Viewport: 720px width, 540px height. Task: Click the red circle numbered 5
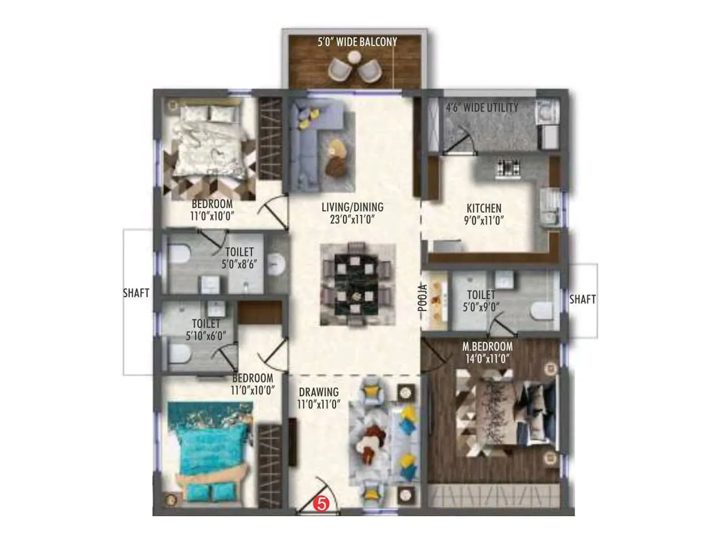click(x=321, y=504)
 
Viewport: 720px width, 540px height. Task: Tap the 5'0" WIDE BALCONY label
click(x=357, y=42)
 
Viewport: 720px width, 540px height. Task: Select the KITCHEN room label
click(x=484, y=208)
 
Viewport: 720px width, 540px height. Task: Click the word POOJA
click(x=423, y=297)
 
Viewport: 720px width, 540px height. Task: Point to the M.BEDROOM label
click(x=487, y=346)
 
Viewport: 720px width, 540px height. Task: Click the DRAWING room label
click(x=319, y=392)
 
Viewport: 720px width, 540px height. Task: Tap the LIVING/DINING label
click(x=352, y=207)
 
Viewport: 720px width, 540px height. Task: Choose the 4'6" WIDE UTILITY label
click(x=482, y=108)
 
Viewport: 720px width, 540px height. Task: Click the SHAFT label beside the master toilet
click(x=582, y=299)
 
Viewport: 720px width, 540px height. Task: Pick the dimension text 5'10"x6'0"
click(x=206, y=336)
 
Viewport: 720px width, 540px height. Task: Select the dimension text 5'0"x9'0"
click(x=481, y=307)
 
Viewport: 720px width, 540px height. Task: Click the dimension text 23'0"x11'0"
click(x=352, y=220)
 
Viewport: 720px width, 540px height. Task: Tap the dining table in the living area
click(x=356, y=284)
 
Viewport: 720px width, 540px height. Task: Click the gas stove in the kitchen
click(x=508, y=168)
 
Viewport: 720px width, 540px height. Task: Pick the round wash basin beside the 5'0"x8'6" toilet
click(x=276, y=264)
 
